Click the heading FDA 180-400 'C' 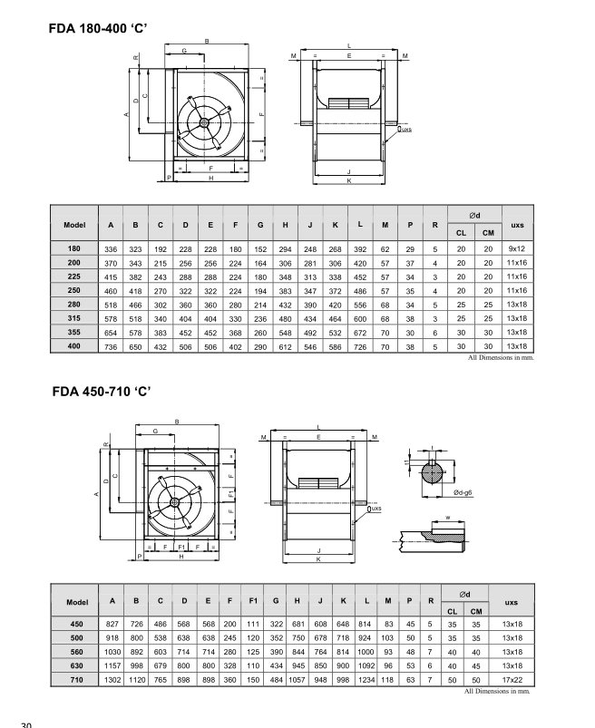pyautogui.click(x=105, y=27)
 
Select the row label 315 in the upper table pyautogui.click(x=73, y=318)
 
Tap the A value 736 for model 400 pyautogui.click(x=111, y=346)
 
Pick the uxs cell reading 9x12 pyautogui.click(x=517, y=248)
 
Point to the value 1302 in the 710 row pyautogui.click(x=112, y=680)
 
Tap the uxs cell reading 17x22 pyautogui.click(x=512, y=680)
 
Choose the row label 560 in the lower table pyautogui.click(x=76, y=652)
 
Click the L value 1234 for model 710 pyautogui.click(x=364, y=680)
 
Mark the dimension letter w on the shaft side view pyautogui.click(x=448, y=519)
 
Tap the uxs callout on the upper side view pyautogui.click(x=405, y=130)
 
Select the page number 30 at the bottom pyautogui.click(x=25, y=723)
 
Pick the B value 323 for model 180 pyautogui.click(x=135, y=248)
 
